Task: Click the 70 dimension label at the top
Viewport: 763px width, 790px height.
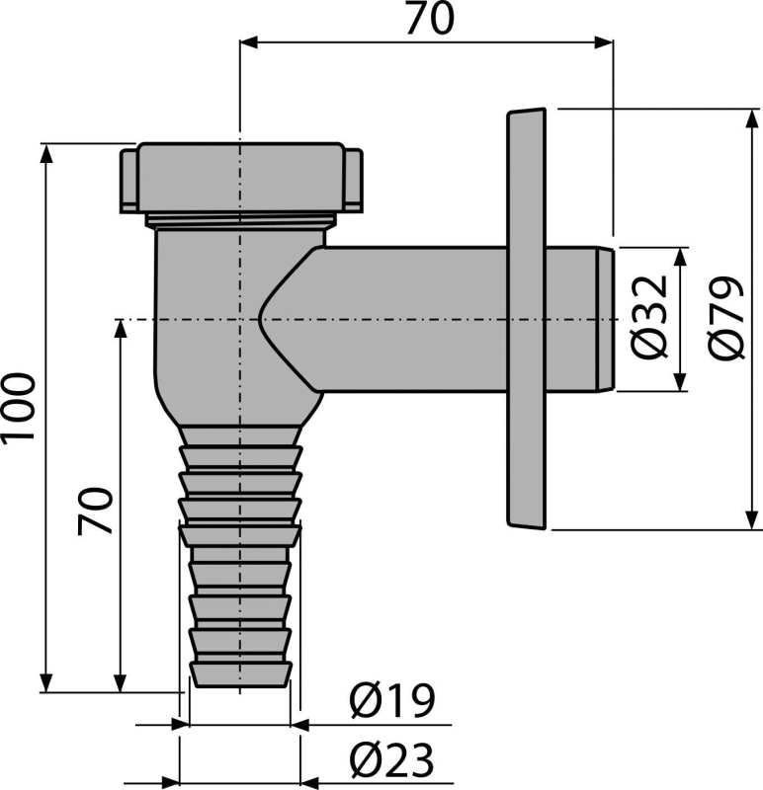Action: point(430,19)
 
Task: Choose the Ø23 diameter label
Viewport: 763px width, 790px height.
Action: point(391,760)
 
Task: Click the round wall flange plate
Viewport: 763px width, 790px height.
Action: point(527,319)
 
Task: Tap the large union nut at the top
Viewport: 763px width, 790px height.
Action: point(240,178)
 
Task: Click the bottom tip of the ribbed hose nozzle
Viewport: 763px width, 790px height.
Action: point(240,684)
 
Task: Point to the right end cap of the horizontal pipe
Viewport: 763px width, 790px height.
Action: point(605,319)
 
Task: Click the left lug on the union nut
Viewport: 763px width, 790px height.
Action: point(128,180)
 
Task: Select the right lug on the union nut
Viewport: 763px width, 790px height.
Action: point(354,180)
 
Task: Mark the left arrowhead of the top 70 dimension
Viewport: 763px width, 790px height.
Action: point(249,42)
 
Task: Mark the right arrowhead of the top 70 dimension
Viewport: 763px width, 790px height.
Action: point(604,42)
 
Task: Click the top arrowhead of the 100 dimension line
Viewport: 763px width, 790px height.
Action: point(46,154)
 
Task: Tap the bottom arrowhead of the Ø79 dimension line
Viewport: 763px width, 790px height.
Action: point(752,520)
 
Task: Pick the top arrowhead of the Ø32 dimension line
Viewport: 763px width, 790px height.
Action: point(680,257)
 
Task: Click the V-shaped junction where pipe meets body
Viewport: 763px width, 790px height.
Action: point(260,319)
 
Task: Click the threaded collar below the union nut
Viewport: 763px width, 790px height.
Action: point(240,221)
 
